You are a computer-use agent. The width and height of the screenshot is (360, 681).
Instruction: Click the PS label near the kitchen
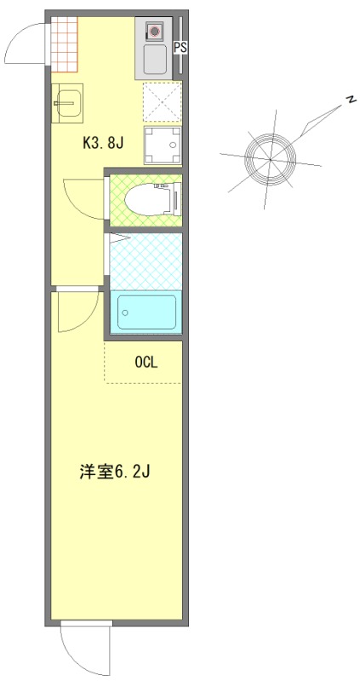[180, 49]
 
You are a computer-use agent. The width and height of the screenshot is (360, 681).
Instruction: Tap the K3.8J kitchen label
[104, 143]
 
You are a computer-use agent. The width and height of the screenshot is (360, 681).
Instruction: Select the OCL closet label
[146, 362]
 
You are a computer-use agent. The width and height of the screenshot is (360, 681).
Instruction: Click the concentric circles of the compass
[269, 157]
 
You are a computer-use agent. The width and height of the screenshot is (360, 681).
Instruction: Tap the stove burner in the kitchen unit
[155, 32]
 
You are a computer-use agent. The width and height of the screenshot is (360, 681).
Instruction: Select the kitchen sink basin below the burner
[155, 60]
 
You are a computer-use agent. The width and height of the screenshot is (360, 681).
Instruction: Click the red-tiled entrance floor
[63, 45]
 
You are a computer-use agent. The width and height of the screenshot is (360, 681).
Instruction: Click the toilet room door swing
[83, 198]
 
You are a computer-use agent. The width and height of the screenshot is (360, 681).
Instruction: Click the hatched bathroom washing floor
[145, 260]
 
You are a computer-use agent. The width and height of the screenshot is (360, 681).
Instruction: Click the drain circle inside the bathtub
[125, 312]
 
